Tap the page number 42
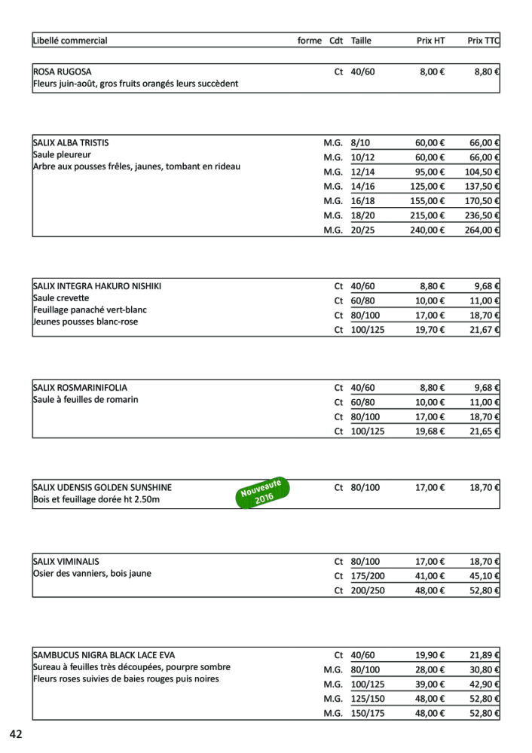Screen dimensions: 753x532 coord(17,734)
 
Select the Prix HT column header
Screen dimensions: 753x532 coord(430,41)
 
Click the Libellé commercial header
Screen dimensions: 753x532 coord(70,41)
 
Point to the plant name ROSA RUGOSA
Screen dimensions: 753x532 coord(62,72)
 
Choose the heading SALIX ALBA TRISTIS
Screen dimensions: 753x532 coord(76,142)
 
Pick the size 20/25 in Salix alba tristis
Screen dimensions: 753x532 coord(362,230)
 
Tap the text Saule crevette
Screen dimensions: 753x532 coord(61,298)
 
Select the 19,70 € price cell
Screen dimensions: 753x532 coord(430,330)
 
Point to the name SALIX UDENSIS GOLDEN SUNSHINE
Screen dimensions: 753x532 coord(102,488)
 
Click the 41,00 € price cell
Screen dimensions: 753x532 coord(430,577)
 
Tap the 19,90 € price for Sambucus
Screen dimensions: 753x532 coord(430,656)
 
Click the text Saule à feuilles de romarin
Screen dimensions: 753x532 coord(85,400)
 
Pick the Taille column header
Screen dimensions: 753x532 coord(361,41)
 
